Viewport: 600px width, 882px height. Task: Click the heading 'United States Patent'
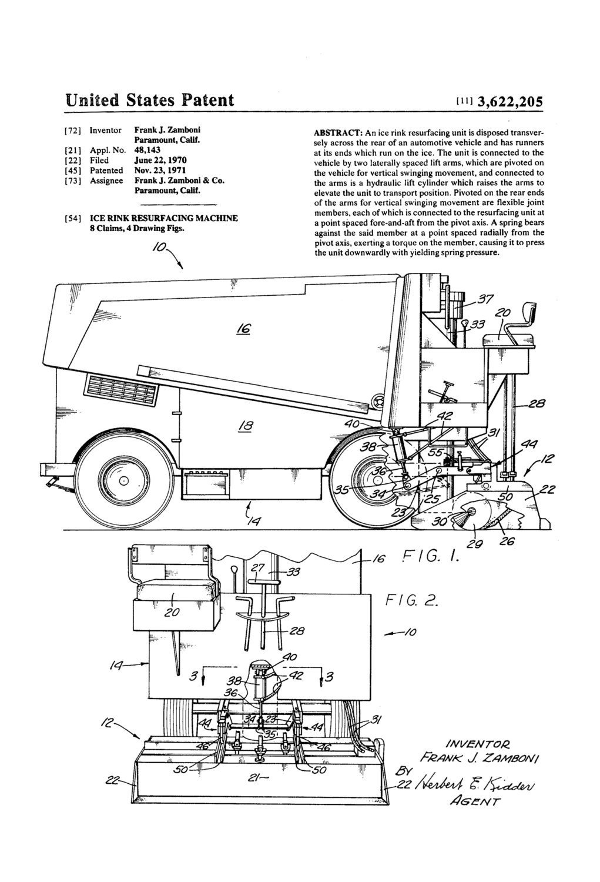click(x=150, y=99)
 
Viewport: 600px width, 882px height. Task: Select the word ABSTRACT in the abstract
click(x=337, y=133)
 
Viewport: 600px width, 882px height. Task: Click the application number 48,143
click(x=148, y=149)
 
